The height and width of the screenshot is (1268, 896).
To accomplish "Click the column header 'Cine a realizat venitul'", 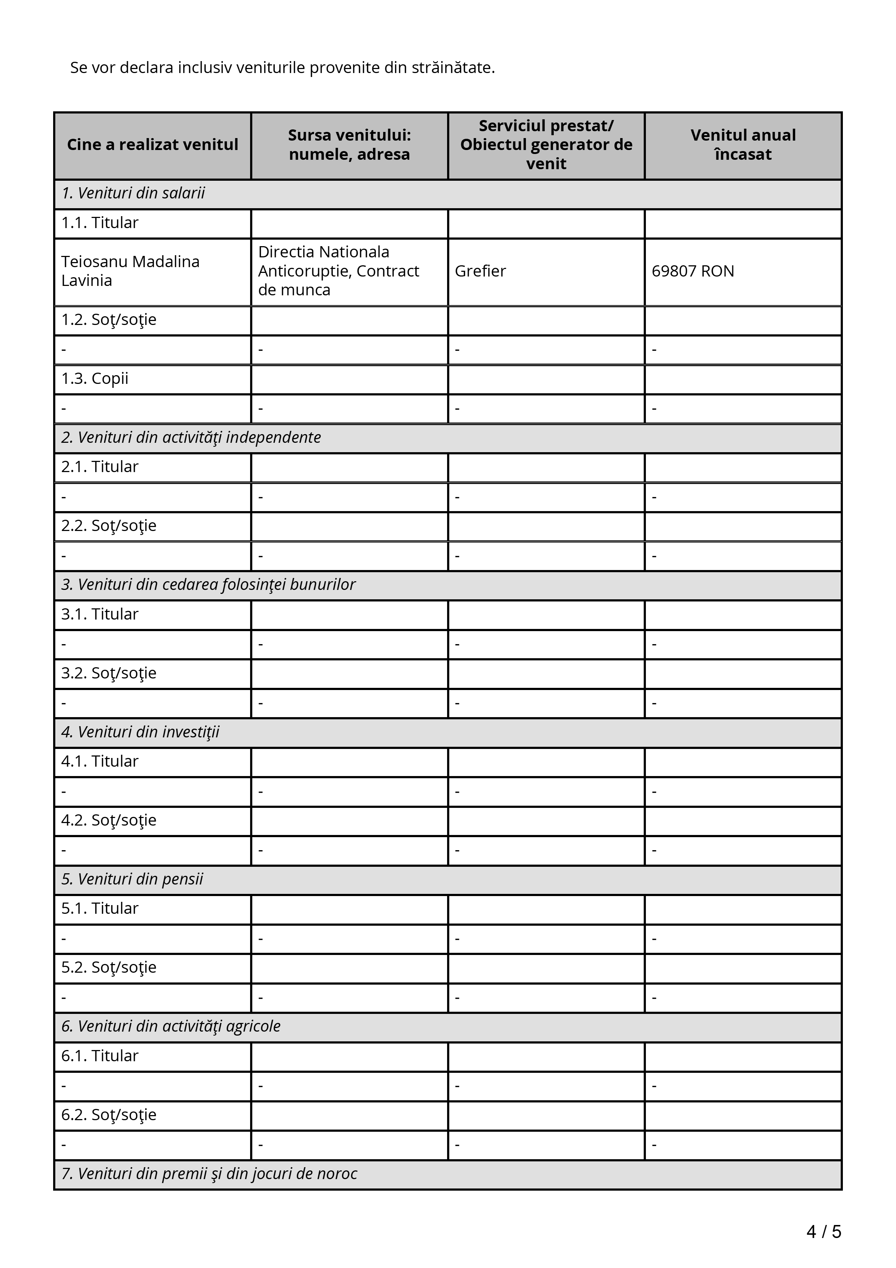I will point(153,145).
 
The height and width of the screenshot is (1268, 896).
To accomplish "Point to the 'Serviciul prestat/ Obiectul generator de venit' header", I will point(546,145).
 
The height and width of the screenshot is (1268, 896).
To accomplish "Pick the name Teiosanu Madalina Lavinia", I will point(130,271).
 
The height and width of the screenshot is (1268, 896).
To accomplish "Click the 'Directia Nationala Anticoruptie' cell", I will point(338,271).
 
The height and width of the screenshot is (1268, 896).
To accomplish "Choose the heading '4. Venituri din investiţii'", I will point(140,732).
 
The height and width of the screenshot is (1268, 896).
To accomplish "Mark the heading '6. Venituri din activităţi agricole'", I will point(171,1026).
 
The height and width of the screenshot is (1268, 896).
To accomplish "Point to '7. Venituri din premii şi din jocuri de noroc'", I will point(209,1174).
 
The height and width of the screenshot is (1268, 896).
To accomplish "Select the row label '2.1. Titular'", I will point(99,467).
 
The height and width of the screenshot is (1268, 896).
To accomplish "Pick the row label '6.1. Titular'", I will point(99,1056).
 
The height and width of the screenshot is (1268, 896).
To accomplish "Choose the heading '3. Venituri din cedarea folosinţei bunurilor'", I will point(208,585).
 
